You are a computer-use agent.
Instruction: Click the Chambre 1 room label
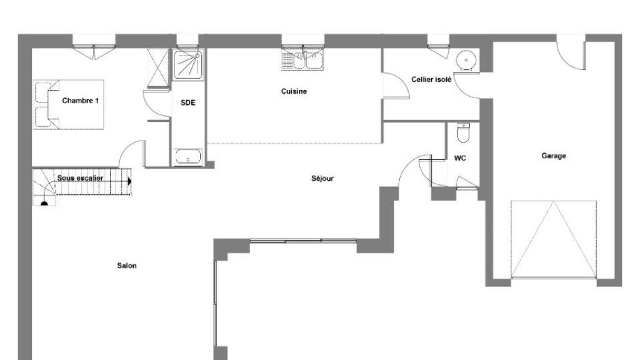tap(81, 101)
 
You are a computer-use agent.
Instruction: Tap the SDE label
tap(187, 102)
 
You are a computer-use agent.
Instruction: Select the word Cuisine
tap(294, 91)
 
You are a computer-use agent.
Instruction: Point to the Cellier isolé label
tap(431, 79)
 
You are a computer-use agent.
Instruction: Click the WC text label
tap(460, 158)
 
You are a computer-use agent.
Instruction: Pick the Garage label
tap(554, 156)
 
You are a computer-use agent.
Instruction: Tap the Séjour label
tap(322, 178)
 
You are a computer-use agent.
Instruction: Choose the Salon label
tap(127, 266)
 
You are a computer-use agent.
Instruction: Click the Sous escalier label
tap(80, 178)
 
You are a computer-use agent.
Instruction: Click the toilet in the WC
tap(463, 132)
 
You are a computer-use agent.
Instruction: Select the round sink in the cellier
tap(466, 61)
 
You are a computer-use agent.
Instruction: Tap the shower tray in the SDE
tap(187, 64)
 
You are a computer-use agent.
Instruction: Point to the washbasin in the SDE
tap(187, 157)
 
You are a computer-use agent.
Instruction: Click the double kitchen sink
tap(302, 59)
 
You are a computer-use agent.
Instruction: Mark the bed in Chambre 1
tap(69, 105)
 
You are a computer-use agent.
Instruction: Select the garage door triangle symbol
tap(554, 239)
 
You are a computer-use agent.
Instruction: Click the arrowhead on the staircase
tap(129, 181)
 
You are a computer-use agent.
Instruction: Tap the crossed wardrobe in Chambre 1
tap(158, 67)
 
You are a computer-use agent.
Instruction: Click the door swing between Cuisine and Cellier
tap(396, 85)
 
